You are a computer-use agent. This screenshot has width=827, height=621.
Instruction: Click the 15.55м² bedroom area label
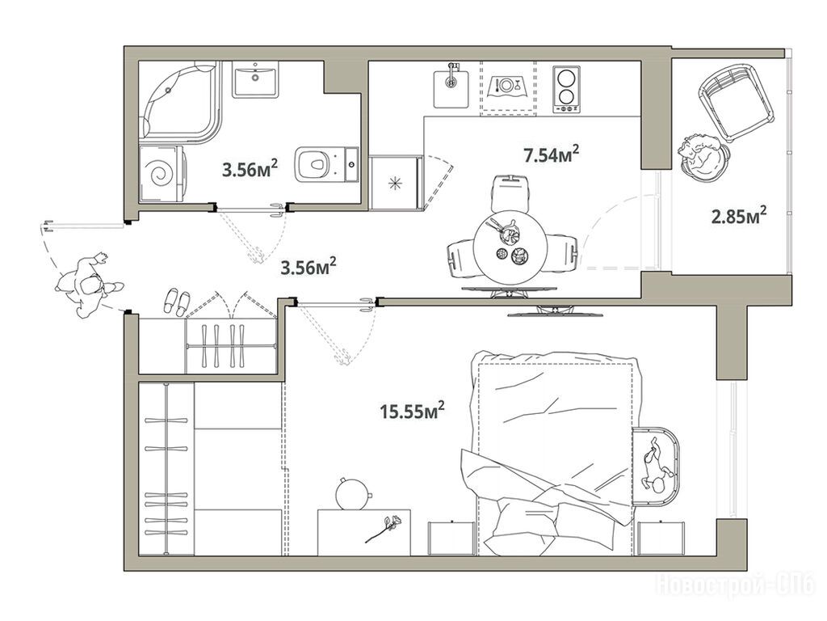[412, 410]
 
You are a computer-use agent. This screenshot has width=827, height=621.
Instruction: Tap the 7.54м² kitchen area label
[551, 154]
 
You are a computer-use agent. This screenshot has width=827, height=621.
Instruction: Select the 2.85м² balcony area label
[739, 215]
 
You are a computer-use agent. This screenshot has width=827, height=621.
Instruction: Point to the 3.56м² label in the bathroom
[250, 169]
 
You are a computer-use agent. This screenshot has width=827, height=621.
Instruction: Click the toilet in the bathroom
[327, 164]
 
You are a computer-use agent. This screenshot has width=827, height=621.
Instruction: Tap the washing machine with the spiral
[162, 174]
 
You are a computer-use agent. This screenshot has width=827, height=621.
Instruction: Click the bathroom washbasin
[255, 79]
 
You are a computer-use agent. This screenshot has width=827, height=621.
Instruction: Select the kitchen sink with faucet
[451, 87]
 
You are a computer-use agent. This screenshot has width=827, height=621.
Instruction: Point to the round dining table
[510, 247]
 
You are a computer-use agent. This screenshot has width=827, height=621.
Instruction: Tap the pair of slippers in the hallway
[177, 302]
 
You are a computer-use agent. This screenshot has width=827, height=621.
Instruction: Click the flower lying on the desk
[384, 529]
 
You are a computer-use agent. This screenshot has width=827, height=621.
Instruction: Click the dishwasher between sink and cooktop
[508, 87]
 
